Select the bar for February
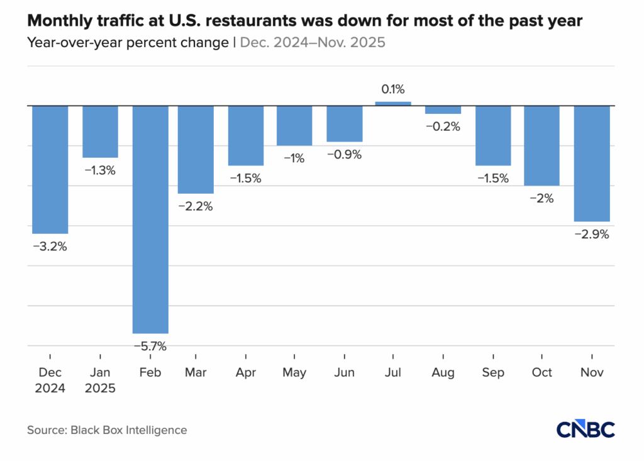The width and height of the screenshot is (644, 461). pyautogui.click(x=150, y=219)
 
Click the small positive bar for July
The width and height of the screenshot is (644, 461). pyautogui.click(x=393, y=103)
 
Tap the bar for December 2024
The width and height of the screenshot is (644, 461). pyautogui.click(x=50, y=169)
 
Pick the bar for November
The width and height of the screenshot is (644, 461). pyautogui.click(x=592, y=164)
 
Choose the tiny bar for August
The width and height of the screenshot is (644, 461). pyautogui.click(x=443, y=109)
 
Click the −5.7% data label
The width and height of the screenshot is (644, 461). pyautogui.click(x=150, y=346)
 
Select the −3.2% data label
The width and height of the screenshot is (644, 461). pyautogui.click(x=50, y=246)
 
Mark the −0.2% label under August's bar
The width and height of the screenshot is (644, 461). pyautogui.click(x=443, y=126)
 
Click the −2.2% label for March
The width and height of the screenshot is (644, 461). pyautogui.click(x=196, y=206)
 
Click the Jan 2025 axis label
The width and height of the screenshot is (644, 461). pyautogui.click(x=100, y=380)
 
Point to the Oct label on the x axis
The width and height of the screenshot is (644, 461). pyautogui.click(x=541, y=372)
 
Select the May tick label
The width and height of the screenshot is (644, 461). pyautogui.click(x=294, y=372)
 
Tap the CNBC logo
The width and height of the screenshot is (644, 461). pyautogui.click(x=585, y=429)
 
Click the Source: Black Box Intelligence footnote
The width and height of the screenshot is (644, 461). pyautogui.click(x=107, y=430)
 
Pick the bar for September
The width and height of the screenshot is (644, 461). pyautogui.click(x=493, y=135)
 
